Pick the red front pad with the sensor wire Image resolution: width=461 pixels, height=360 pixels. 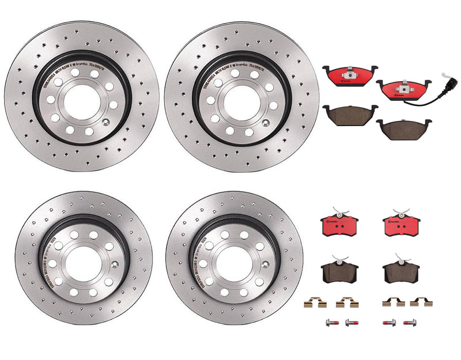tap(403, 90)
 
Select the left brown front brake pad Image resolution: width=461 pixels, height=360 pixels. tap(349, 116)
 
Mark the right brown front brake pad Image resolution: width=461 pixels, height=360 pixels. tap(403, 130)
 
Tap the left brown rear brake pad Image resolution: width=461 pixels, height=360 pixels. tap(339, 268)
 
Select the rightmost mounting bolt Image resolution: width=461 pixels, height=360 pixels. tap(411, 323)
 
